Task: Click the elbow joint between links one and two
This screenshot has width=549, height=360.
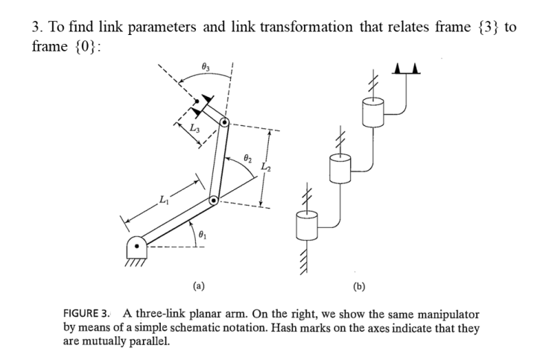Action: click(213, 200)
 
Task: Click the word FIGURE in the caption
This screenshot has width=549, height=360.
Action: click(87, 313)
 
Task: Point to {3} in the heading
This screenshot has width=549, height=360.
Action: click(484, 27)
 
